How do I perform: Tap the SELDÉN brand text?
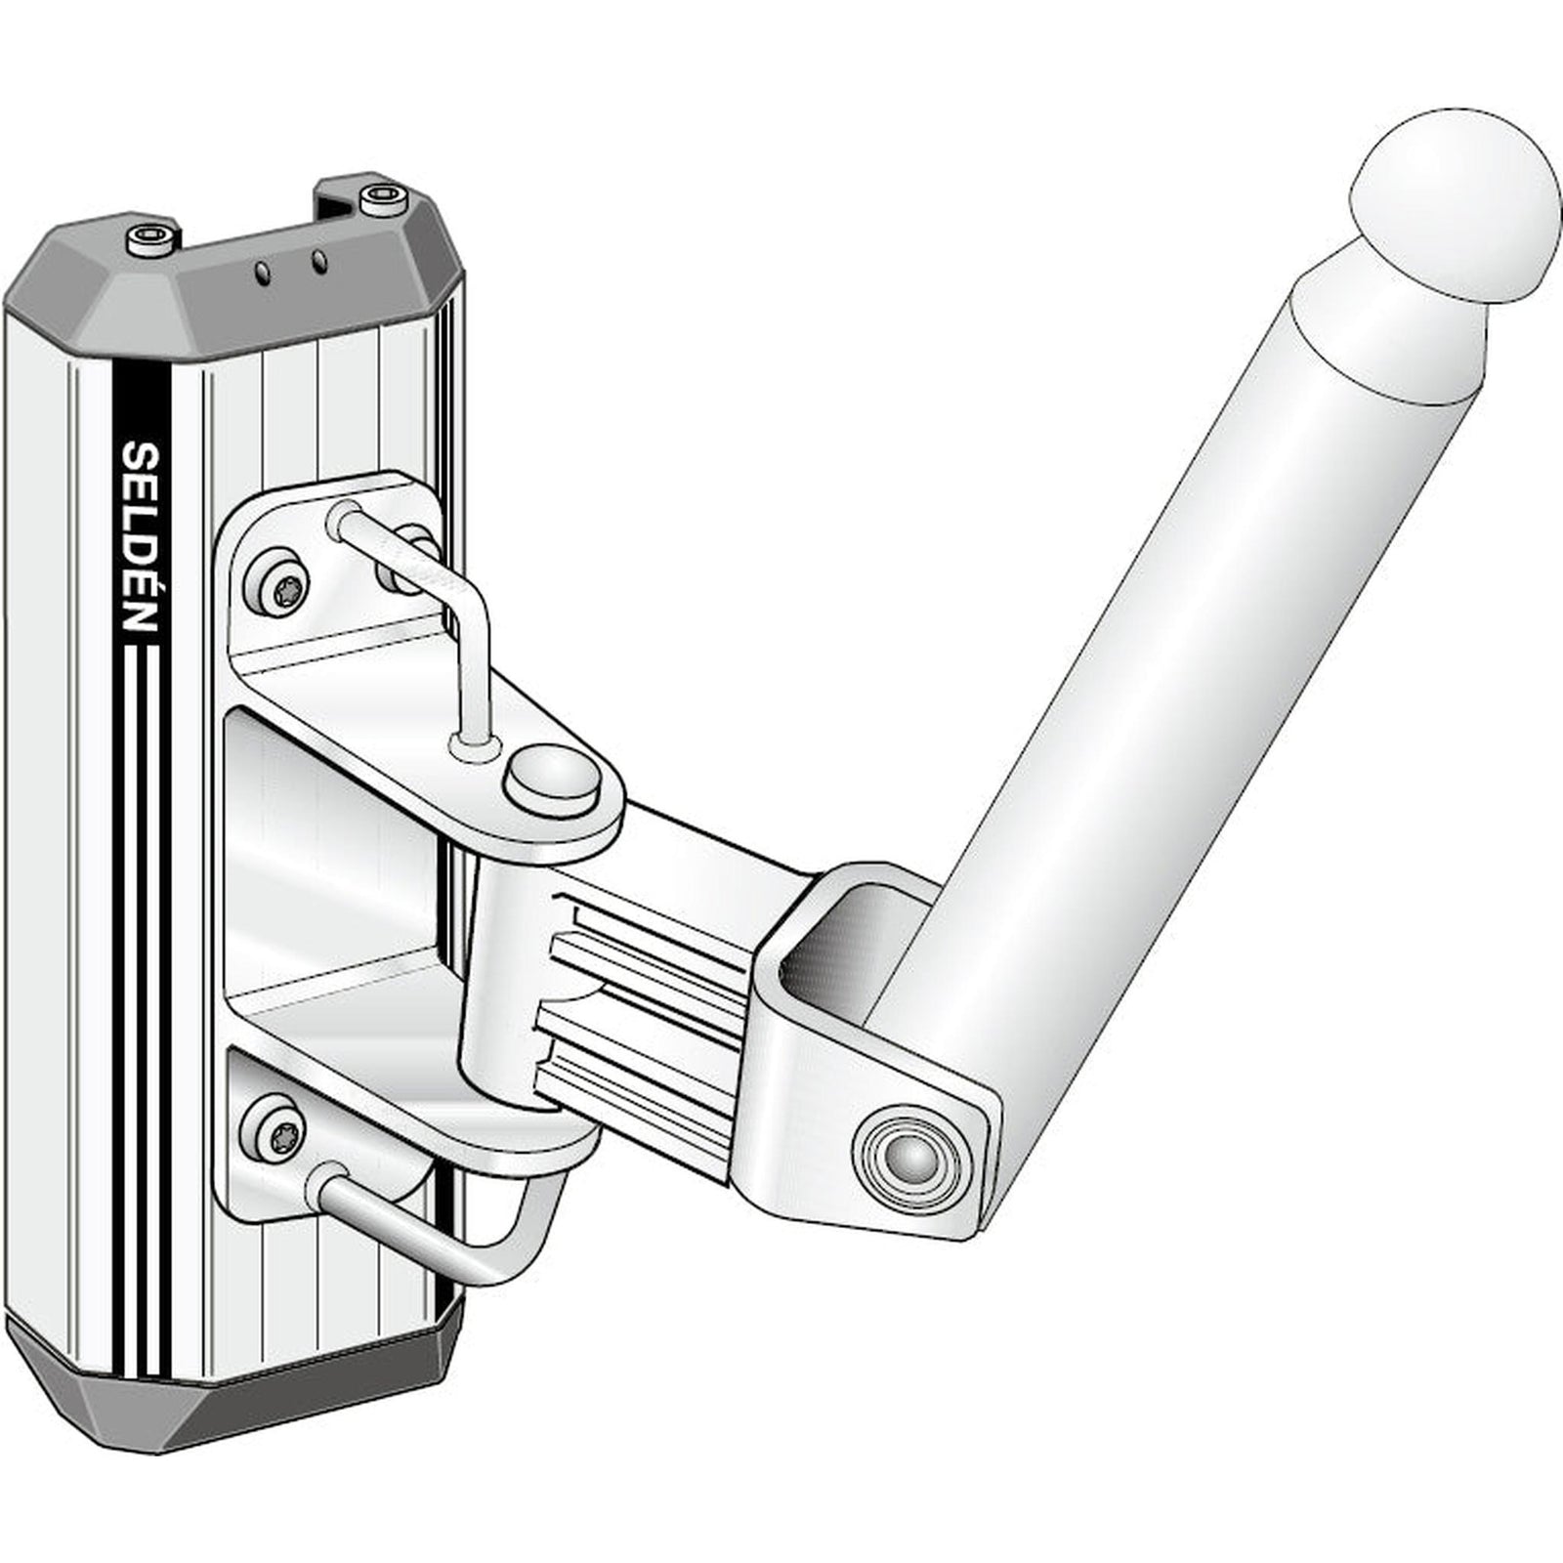pos(142,536)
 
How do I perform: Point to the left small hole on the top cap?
pos(262,273)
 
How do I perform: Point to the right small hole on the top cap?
pos(317,261)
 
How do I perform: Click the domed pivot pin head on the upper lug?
pos(553,777)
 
